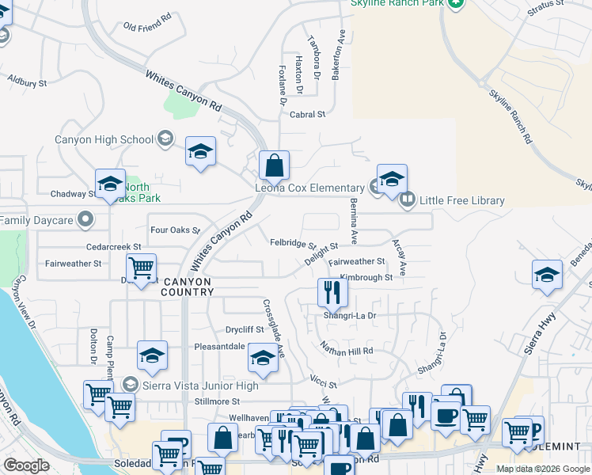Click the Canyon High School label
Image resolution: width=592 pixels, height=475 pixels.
pyautogui.click(x=104, y=140)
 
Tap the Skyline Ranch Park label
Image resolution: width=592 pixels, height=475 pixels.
pyautogui.click(x=398, y=3)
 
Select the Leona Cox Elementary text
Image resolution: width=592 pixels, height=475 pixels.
pyautogui.click(x=309, y=188)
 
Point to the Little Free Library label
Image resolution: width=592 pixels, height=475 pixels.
pyautogui.click(x=462, y=200)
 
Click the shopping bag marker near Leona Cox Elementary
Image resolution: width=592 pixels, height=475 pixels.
pyautogui.click(x=274, y=166)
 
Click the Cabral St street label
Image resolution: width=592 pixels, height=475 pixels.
pyautogui.click(x=308, y=115)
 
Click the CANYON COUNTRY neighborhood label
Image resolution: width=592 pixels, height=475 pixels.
pyautogui.click(x=189, y=287)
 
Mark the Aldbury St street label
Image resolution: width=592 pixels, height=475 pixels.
pyautogui.click(x=28, y=81)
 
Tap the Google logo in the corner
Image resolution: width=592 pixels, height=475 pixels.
pyautogui.click(x=26, y=465)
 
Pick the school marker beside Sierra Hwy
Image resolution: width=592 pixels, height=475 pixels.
pyautogui.click(x=547, y=275)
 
